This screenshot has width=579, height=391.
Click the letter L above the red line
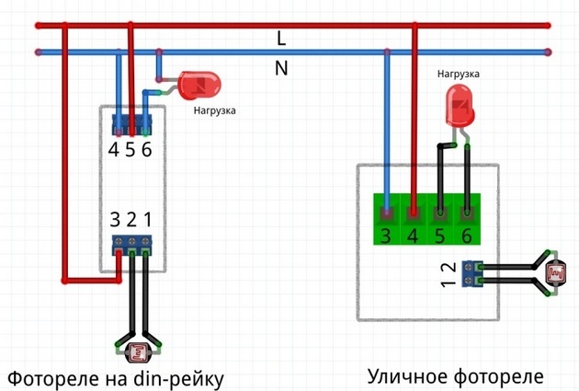(282, 38)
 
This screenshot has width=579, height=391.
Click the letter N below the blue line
(282, 67)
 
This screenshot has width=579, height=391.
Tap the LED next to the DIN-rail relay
(198, 86)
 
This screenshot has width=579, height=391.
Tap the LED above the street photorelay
(459, 106)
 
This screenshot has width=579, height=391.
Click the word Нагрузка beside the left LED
(214, 110)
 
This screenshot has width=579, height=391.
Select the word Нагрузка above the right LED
(457, 72)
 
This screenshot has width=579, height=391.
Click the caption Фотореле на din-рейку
(116, 377)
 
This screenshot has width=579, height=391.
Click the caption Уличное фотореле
(456, 375)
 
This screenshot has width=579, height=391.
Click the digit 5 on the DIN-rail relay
(131, 149)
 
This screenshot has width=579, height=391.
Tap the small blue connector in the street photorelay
(473, 273)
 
